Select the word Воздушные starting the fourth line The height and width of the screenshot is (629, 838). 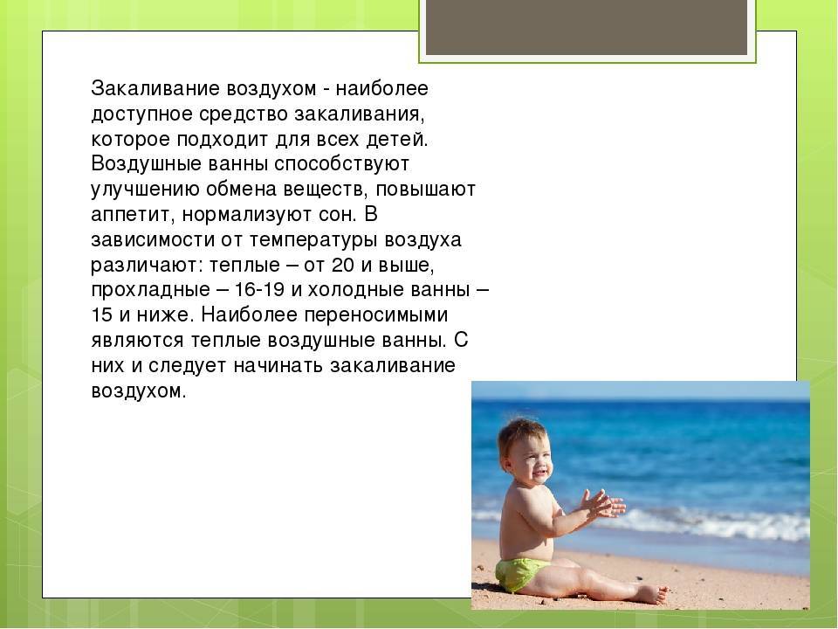140,164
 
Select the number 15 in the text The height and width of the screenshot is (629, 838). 101,314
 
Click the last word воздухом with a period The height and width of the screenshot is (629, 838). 139,391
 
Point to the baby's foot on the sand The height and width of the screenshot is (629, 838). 650,593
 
